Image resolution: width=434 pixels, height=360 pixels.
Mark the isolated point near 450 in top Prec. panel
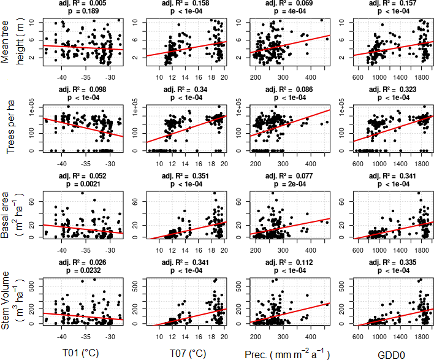pos(321,20)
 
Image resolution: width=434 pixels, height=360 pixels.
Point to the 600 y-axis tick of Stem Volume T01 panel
pos(37,281)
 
